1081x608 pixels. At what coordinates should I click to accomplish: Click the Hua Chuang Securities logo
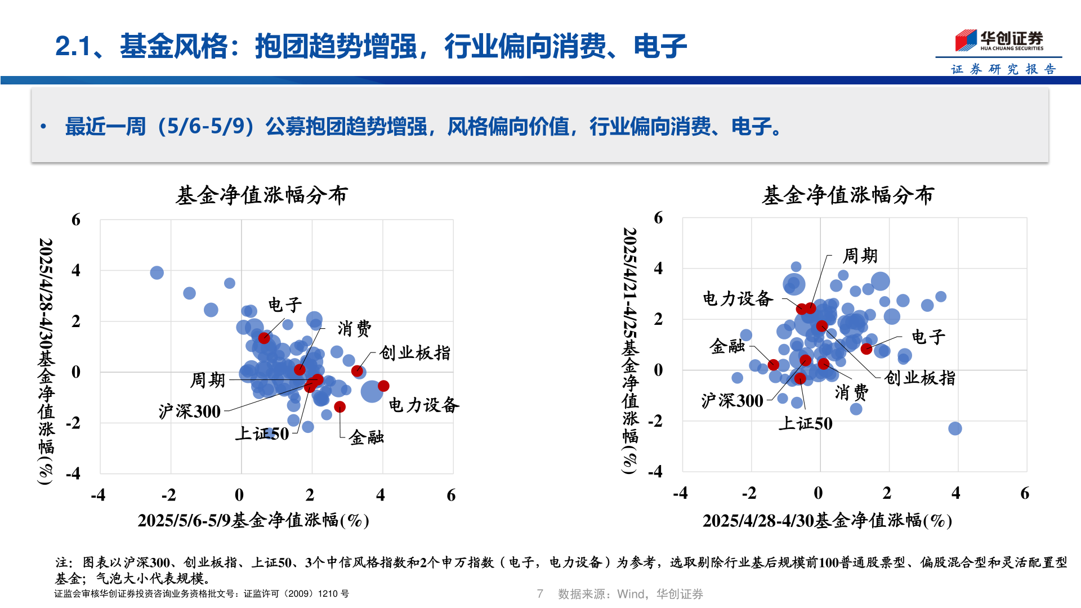pyautogui.click(x=999, y=40)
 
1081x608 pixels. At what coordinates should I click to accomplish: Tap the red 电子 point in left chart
pyautogui.click(x=264, y=338)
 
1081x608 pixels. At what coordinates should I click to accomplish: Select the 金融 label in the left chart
pyautogui.click(x=366, y=437)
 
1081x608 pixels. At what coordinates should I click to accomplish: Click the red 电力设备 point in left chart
pyautogui.click(x=383, y=386)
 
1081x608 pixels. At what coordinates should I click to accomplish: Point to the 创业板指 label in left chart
pyautogui.click(x=415, y=353)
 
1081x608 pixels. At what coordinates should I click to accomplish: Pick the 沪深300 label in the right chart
pyautogui.click(x=732, y=401)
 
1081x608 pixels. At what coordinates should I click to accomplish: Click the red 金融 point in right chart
pyautogui.click(x=774, y=365)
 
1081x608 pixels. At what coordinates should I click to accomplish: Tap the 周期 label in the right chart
pyautogui.click(x=860, y=256)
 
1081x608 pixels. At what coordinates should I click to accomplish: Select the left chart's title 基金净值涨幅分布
pyautogui.click(x=262, y=195)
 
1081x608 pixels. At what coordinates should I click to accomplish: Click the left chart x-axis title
pyautogui.click(x=253, y=520)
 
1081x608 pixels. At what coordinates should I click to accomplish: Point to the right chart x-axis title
pyautogui.click(x=827, y=520)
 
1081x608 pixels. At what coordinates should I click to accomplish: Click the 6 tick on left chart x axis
pyautogui.click(x=451, y=495)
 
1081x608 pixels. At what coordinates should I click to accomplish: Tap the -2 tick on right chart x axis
pyautogui.click(x=749, y=493)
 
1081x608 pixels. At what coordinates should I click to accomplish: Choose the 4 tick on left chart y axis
pyautogui.click(x=76, y=270)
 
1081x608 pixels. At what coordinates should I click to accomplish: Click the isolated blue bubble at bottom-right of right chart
pyautogui.click(x=955, y=428)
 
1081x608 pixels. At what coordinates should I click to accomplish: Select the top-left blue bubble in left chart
pyautogui.click(x=157, y=272)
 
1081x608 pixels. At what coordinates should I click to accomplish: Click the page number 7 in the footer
pyautogui.click(x=540, y=594)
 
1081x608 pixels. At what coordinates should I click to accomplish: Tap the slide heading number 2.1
pyautogui.click(x=73, y=46)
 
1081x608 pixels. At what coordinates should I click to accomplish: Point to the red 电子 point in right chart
pyautogui.click(x=866, y=349)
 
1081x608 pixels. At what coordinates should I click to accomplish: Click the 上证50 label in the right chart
pyautogui.click(x=805, y=423)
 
